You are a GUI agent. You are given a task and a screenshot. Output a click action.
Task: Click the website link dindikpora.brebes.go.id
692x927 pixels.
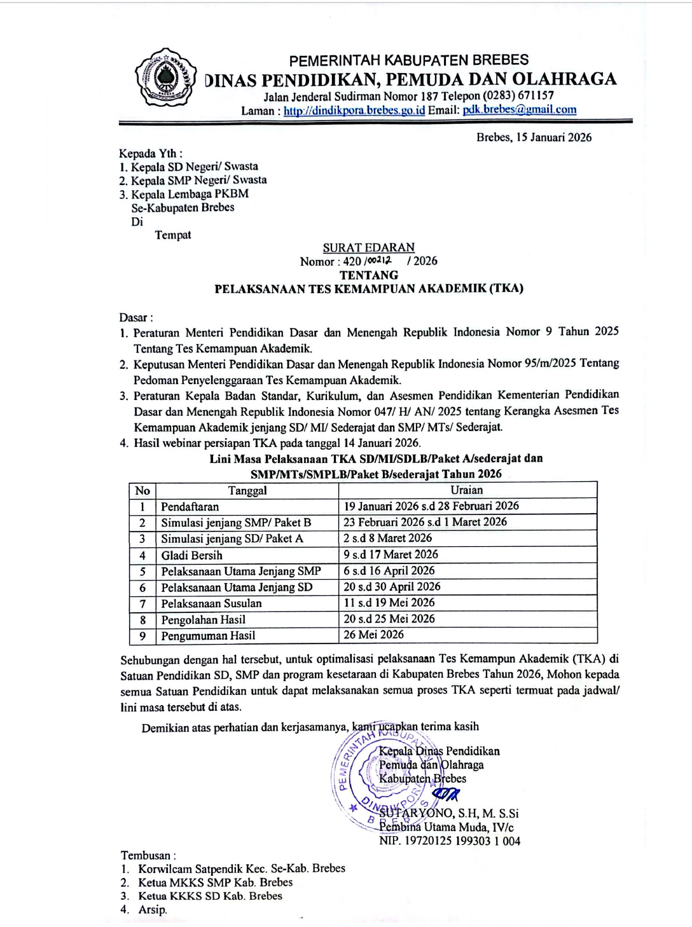click(x=354, y=110)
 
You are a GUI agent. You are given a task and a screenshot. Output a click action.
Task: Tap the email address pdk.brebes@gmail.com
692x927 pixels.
click(x=520, y=109)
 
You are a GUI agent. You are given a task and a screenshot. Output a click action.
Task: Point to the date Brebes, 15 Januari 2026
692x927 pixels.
click(x=534, y=137)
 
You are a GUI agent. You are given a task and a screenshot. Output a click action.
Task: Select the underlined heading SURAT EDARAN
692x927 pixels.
click(x=368, y=247)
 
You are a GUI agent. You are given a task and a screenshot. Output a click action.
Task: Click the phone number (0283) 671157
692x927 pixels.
click(x=518, y=96)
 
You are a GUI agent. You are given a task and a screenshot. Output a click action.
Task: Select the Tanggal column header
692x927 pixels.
click(x=247, y=490)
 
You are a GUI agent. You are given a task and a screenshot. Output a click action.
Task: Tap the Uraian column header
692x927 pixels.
click(x=467, y=490)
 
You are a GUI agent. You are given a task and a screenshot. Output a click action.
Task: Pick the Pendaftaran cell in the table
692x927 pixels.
click(x=190, y=507)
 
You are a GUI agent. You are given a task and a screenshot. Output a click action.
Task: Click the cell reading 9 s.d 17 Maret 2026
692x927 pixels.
click(x=391, y=554)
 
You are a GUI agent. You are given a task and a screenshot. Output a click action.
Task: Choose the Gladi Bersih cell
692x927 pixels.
click(x=191, y=555)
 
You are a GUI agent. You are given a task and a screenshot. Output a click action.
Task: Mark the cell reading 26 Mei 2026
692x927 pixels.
click(x=373, y=635)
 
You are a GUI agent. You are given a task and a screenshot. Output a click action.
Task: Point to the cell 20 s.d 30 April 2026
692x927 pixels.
click(x=392, y=587)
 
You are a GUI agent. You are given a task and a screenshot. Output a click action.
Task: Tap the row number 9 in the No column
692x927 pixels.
click(x=142, y=636)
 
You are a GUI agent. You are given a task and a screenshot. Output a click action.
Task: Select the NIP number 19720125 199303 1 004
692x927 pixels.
click(x=450, y=841)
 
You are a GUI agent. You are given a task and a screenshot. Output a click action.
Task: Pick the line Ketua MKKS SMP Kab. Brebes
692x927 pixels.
click(x=215, y=882)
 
